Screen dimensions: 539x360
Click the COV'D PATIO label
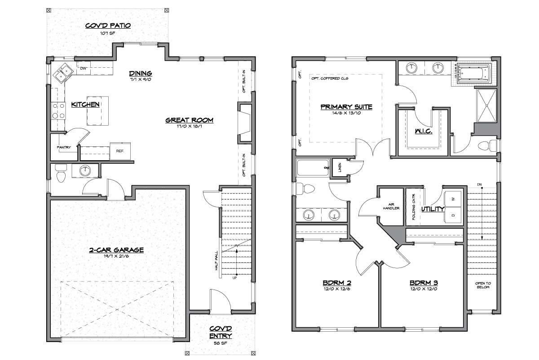point(108,26)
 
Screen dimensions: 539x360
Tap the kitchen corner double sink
point(63,73)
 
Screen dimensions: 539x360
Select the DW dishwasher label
point(83,68)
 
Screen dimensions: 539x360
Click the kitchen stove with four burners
point(58,111)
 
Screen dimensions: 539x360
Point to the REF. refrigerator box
point(120,151)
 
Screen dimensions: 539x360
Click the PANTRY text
point(64,147)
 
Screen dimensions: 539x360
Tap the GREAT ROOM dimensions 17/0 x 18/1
point(190,126)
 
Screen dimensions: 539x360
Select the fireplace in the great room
point(245,123)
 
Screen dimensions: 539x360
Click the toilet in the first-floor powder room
point(60,173)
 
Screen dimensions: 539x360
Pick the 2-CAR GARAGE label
point(116,250)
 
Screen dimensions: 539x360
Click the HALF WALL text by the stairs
point(216,261)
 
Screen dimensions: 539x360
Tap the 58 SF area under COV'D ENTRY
point(221,343)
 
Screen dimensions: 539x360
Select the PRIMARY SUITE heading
point(346,107)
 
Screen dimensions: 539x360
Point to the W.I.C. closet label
point(424,131)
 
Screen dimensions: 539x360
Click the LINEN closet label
point(340,167)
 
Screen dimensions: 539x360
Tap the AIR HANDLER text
point(391,206)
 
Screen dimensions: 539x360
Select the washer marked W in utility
point(454,199)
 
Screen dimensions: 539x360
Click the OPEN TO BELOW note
point(483,285)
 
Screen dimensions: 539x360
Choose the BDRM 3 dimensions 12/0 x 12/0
point(424,289)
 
